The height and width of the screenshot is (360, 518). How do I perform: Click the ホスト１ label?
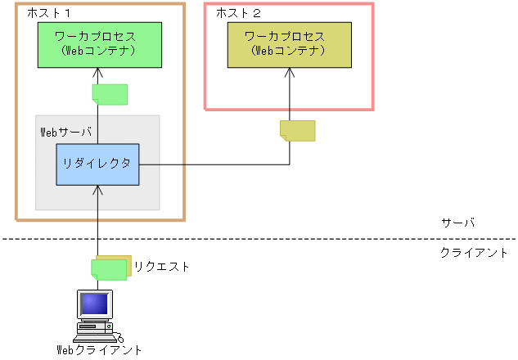click(50, 14)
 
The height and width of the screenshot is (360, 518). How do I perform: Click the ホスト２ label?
click(238, 14)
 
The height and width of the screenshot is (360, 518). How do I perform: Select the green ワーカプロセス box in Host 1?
click(97, 45)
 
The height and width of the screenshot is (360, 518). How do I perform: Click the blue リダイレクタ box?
click(97, 164)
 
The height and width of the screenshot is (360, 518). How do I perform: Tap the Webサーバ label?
click(65, 131)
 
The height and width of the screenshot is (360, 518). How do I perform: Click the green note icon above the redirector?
click(110, 94)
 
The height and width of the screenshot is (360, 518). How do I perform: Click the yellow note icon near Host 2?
click(297, 130)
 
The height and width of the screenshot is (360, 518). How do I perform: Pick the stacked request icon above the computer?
click(111, 268)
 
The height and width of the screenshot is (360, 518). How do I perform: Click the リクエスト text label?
click(162, 267)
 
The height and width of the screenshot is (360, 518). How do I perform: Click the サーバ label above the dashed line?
click(457, 223)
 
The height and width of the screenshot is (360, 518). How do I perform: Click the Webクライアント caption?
click(99, 350)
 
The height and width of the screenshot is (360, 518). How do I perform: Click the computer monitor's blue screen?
click(94, 304)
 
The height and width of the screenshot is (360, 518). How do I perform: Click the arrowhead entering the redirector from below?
click(97, 190)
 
